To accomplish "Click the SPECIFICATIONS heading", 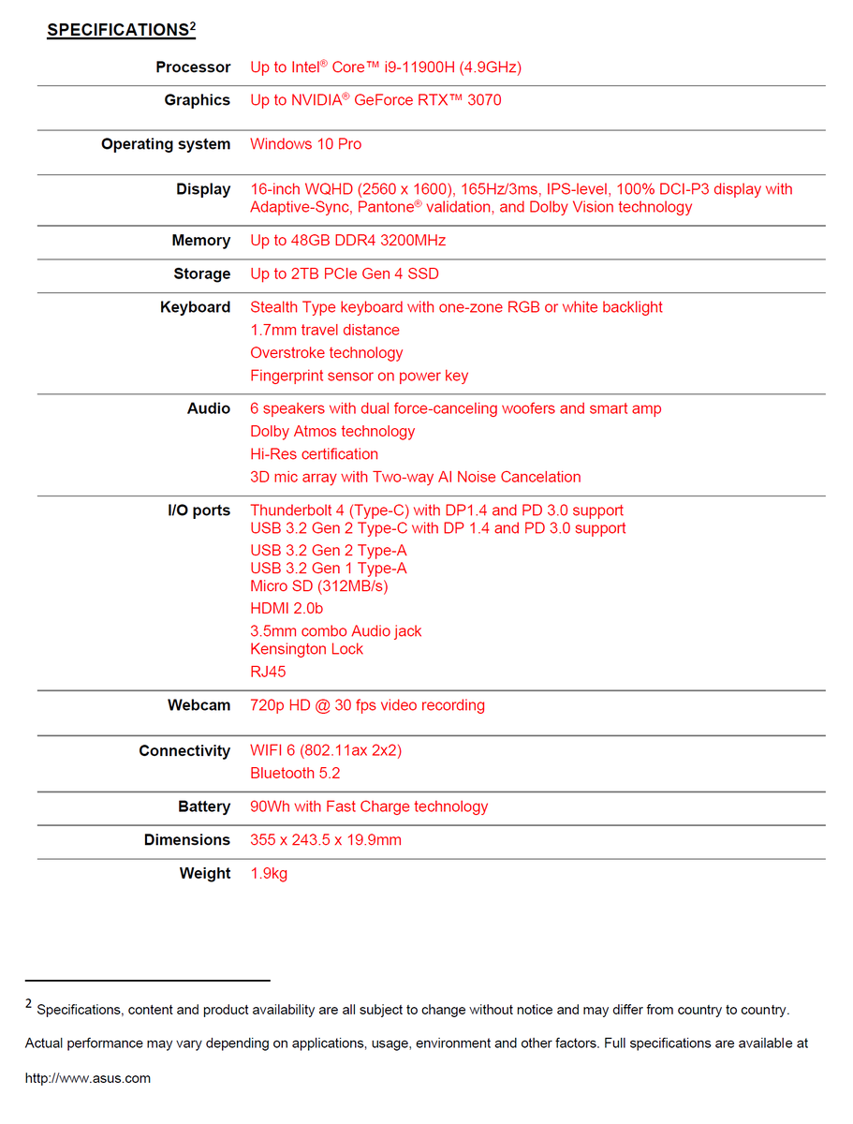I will [118, 30].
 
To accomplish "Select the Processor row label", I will [193, 67].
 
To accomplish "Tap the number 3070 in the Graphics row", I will [484, 100].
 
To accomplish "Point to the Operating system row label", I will [166, 144].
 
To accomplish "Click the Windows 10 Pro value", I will [305, 144].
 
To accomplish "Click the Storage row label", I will [201, 274].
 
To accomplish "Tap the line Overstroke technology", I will [326, 353].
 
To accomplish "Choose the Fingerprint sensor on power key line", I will [359, 376].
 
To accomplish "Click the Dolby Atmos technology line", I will [332, 432].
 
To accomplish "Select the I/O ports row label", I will [199, 510].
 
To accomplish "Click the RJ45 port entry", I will [268, 672].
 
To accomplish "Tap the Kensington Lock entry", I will [306, 649].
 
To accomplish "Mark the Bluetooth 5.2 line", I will [295, 774].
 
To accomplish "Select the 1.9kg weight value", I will [269, 874].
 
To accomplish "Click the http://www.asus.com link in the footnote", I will [88, 1078].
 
